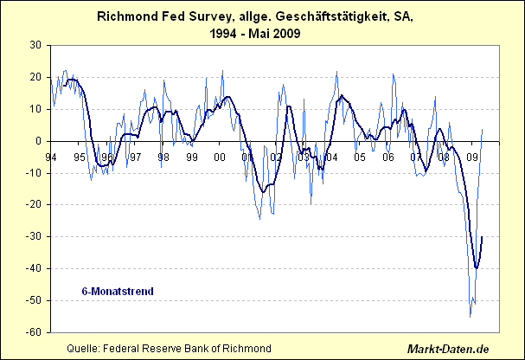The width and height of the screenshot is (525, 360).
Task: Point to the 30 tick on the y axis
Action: tap(35, 45)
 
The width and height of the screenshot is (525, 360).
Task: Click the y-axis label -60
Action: tap(34, 332)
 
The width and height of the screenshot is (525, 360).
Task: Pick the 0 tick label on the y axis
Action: tap(39, 141)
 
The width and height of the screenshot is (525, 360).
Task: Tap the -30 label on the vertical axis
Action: tap(34, 236)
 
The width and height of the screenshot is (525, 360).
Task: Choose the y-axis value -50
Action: tap(34, 300)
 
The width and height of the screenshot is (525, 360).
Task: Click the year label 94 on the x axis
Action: tap(51, 157)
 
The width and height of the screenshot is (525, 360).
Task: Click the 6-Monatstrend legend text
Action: tap(118, 291)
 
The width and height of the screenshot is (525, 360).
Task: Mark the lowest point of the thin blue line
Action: tap(471, 316)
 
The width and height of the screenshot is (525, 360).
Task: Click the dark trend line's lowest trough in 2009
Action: tap(476, 268)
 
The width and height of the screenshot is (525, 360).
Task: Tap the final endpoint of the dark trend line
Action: tap(482, 236)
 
